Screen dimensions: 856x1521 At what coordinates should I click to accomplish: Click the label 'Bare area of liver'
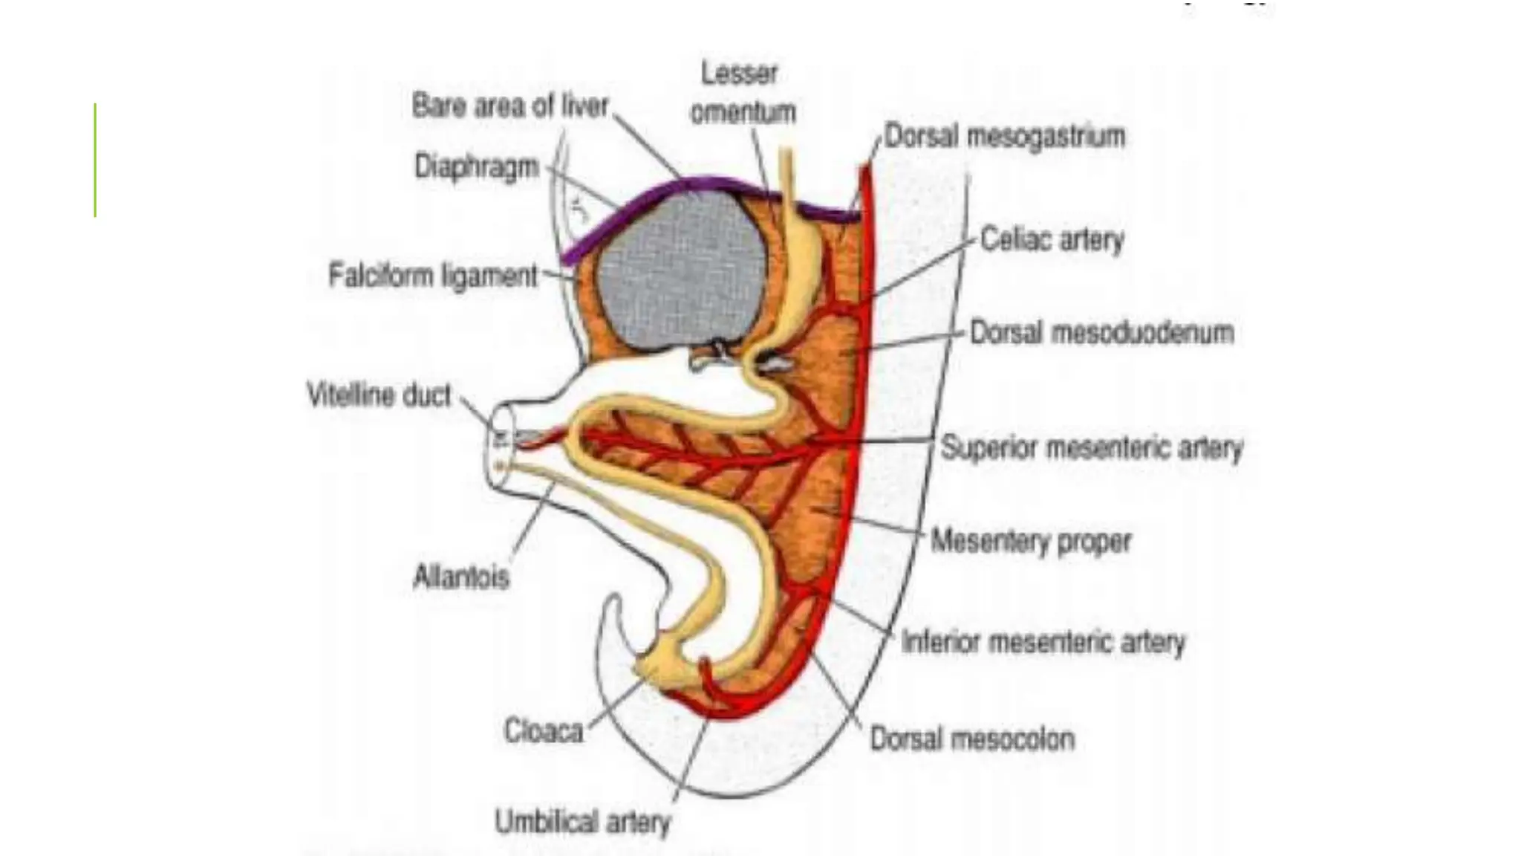[x=509, y=107]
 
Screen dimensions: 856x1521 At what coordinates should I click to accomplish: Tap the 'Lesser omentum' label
[x=742, y=93]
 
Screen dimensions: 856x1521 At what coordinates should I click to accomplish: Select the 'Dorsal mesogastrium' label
[x=1005, y=137]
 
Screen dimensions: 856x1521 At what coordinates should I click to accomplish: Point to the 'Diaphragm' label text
[x=476, y=166]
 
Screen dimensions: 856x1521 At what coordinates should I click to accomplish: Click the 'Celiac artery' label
[x=1052, y=240]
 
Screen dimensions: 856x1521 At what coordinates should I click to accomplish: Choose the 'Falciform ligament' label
[x=433, y=276]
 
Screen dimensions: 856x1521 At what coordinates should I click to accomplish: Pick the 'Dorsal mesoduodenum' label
[x=1102, y=333]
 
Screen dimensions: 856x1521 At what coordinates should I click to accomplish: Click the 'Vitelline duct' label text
[x=379, y=395]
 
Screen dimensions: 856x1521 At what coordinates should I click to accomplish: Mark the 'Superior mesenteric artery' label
[x=1092, y=448]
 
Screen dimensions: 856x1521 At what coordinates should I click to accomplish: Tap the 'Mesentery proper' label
[x=1031, y=541]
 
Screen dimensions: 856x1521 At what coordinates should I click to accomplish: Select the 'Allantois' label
[x=461, y=577]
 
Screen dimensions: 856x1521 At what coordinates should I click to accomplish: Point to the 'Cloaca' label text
[x=544, y=731]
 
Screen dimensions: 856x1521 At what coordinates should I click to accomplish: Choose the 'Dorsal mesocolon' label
[x=972, y=739]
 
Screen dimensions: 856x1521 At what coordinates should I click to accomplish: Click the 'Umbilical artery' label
[x=582, y=823]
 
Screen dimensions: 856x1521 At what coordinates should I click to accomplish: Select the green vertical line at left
[x=96, y=160]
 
